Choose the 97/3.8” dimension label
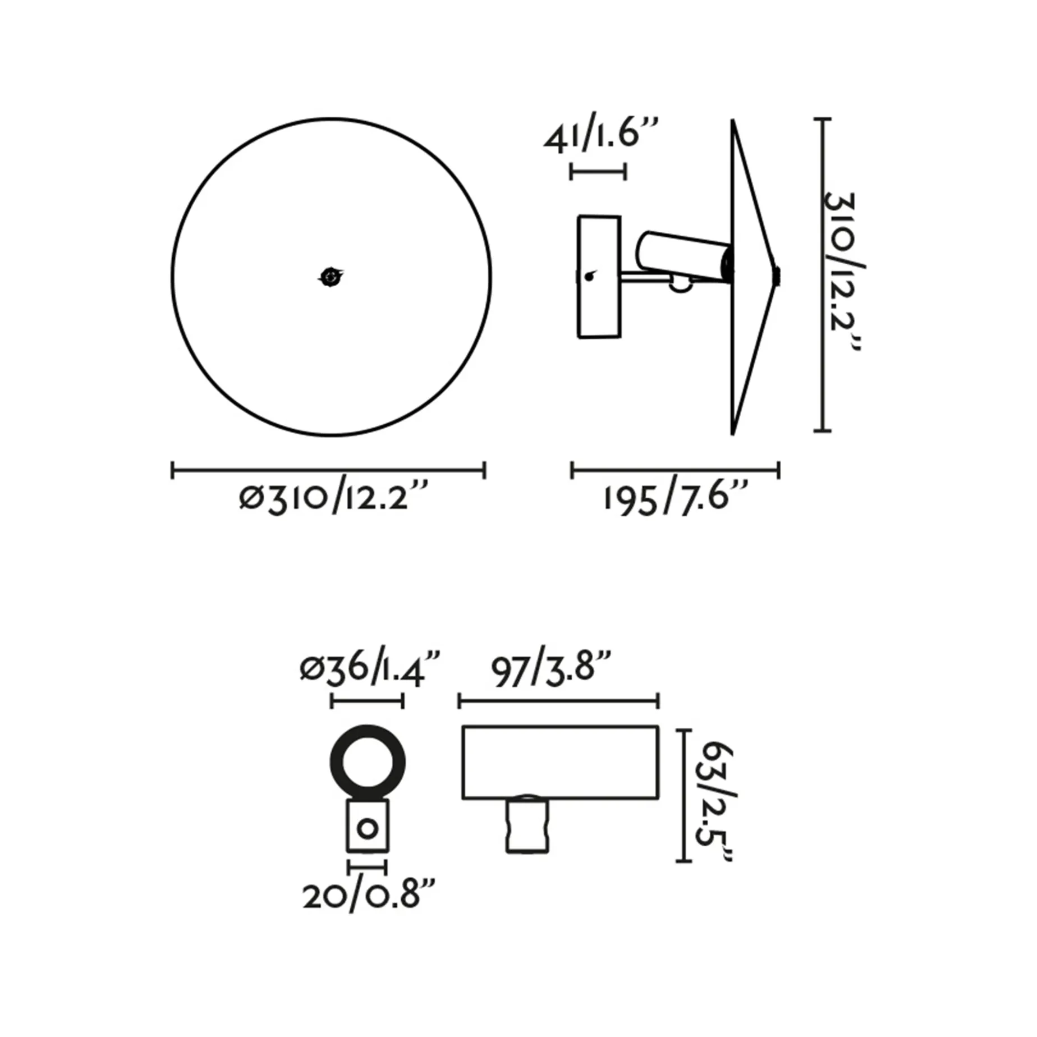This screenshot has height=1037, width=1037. (x=550, y=668)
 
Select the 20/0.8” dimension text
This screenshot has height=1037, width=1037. (x=369, y=897)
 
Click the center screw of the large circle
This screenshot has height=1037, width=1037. (x=331, y=276)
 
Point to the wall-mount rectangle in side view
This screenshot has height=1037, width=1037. (x=599, y=277)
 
